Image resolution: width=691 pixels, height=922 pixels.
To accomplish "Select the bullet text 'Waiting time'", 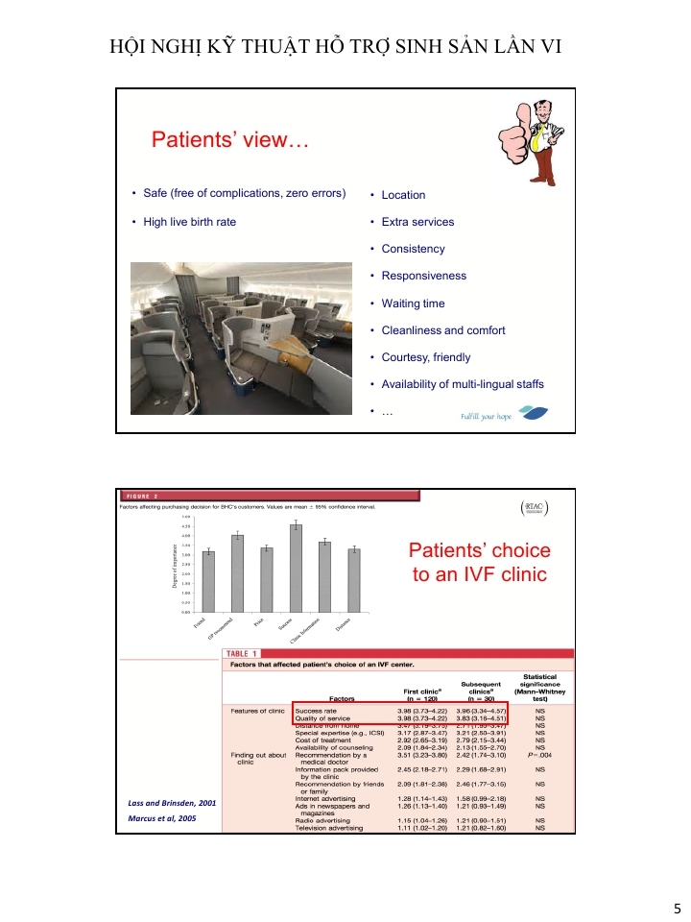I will [x=413, y=303].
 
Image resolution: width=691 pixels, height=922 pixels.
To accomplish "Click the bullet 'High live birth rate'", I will [x=189, y=222].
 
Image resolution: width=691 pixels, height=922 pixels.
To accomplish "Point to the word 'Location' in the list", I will [x=403, y=195].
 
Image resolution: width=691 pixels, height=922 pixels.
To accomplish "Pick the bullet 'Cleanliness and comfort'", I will [x=443, y=330].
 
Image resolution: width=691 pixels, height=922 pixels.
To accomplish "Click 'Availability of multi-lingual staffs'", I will [x=463, y=384].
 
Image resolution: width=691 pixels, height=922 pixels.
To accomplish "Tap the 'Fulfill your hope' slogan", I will [x=487, y=417].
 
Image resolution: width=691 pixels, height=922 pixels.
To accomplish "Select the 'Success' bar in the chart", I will [x=296, y=567].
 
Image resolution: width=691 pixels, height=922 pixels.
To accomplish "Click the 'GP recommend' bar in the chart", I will [x=238, y=572].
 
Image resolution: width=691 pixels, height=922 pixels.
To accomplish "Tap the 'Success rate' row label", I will [x=316, y=711].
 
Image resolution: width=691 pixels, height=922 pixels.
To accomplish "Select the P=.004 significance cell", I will [x=540, y=755].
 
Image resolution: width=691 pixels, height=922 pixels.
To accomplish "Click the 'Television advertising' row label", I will [x=328, y=828].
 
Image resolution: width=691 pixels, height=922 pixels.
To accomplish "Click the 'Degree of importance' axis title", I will [x=176, y=567].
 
